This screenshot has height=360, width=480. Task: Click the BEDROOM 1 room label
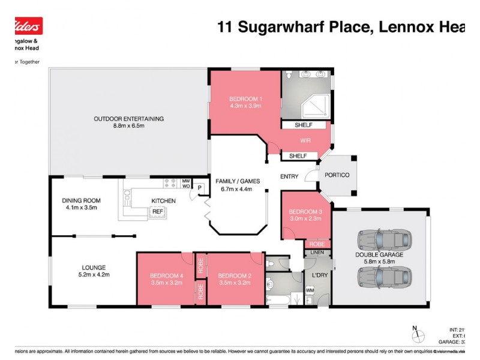tap(245, 98)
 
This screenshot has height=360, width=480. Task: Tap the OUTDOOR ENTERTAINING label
tap(128, 118)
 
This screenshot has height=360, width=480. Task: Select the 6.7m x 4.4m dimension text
tap(233, 188)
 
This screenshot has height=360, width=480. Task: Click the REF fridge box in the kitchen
tap(157, 211)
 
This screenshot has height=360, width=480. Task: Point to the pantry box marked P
tap(199, 188)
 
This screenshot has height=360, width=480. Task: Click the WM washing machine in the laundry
tap(310, 290)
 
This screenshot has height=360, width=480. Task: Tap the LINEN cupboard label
tap(317, 253)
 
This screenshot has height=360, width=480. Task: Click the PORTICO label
tap(337, 175)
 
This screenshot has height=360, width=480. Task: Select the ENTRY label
tap(289, 176)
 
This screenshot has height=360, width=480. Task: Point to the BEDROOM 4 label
tap(165, 275)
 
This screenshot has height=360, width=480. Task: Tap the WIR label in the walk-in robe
tap(304, 140)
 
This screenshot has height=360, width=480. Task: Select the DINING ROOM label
tap(81, 200)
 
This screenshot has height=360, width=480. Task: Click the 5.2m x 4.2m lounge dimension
tap(94, 275)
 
